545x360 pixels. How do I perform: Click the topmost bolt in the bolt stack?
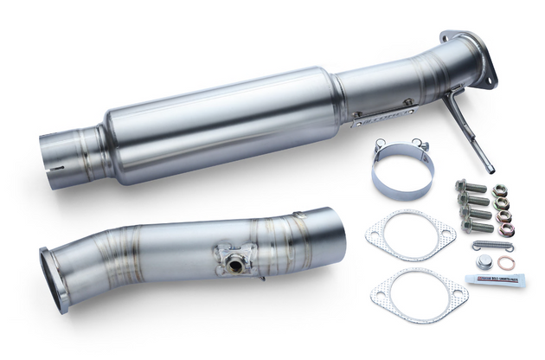pos(462,184)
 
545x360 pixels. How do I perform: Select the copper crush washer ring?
pos(508,262)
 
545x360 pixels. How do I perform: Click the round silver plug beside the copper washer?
pos(483,262)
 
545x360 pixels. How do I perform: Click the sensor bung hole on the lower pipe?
pos(234,260)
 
